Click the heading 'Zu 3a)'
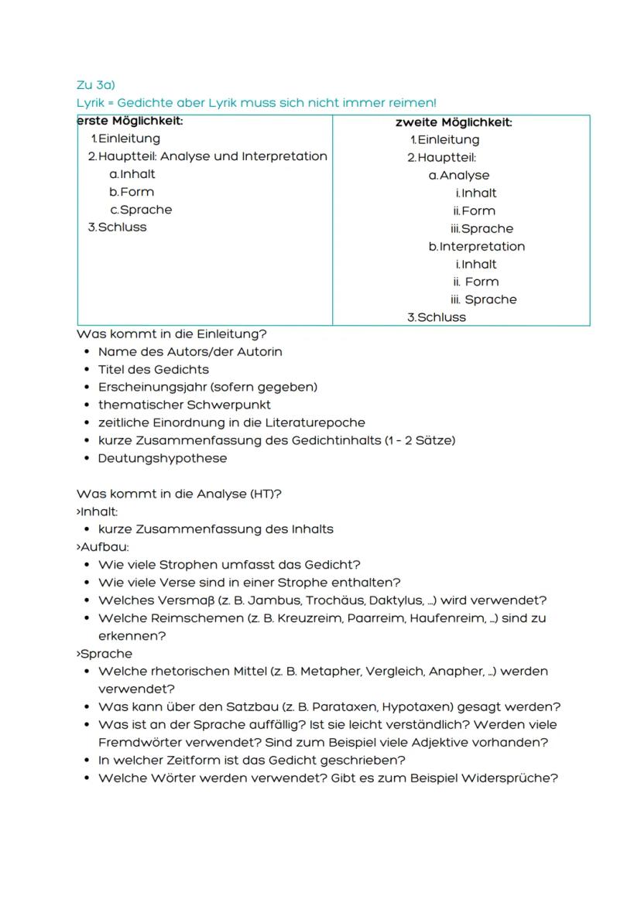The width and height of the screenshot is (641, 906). pyautogui.click(x=95, y=85)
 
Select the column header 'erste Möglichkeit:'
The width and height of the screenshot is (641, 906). pyautogui.click(x=130, y=121)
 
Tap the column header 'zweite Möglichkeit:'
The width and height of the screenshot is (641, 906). pyautogui.click(x=454, y=122)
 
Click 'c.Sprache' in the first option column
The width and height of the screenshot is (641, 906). pyautogui.click(x=141, y=210)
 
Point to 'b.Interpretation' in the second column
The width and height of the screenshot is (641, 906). pyautogui.click(x=476, y=247)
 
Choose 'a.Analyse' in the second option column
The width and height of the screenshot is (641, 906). pyautogui.click(x=459, y=176)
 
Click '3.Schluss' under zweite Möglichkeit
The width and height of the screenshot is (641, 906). pyautogui.click(x=437, y=317)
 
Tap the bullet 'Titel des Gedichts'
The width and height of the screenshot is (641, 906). pyautogui.click(x=153, y=370)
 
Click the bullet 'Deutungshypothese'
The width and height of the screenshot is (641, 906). pyautogui.click(x=163, y=459)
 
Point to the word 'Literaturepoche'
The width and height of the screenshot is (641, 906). pyautogui.click(x=317, y=423)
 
